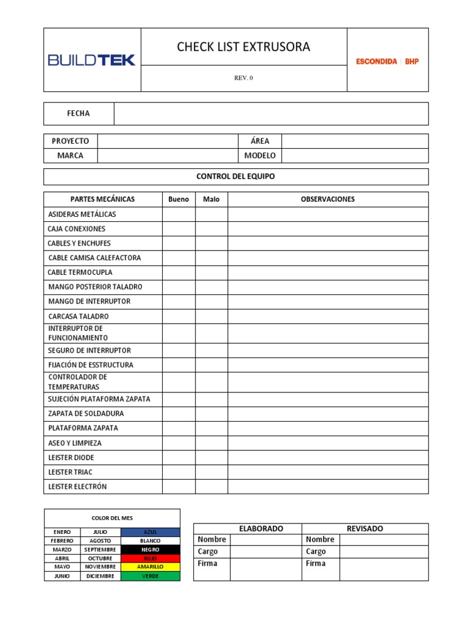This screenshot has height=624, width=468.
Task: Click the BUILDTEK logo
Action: click(91, 60)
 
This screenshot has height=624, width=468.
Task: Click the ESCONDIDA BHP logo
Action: click(387, 61)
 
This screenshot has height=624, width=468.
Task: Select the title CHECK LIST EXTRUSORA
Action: click(243, 47)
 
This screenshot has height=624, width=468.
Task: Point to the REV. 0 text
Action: click(243, 78)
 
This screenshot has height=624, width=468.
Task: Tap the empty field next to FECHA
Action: click(271, 113)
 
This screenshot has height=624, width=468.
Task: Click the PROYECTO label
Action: click(70, 141)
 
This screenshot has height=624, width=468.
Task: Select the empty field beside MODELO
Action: click(355, 155)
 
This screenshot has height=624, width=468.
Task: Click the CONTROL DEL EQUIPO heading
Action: click(235, 176)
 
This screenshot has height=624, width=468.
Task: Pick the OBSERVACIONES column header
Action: click(327, 199)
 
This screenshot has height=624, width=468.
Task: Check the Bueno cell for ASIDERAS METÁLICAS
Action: click(179, 214)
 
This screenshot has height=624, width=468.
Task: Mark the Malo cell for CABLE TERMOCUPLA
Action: click(211, 272)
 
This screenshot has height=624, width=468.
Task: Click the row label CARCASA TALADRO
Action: click(78, 316)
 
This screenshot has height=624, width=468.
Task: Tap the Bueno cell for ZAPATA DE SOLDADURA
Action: click(179, 414)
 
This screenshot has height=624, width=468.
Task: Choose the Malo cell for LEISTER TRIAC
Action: click(211, 472)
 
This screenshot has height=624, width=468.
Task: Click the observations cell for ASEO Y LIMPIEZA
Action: click(328, 443)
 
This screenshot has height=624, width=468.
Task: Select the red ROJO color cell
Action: click(150, 558)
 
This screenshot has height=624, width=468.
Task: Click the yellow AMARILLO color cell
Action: click(150, 567)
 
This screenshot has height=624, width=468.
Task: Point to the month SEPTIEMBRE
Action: click(100, 550)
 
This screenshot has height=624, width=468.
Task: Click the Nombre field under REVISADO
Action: click(383, 539)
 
